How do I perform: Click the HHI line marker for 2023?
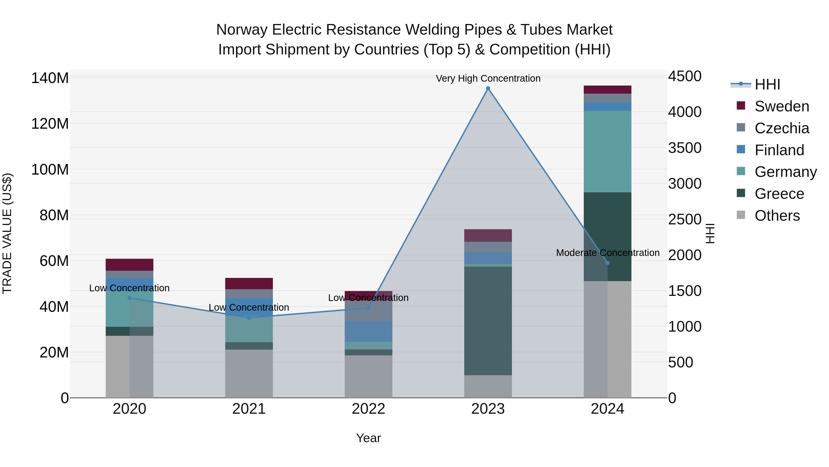488,88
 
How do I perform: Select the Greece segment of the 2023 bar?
488,321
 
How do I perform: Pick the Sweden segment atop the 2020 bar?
129,265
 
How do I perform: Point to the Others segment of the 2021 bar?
249,374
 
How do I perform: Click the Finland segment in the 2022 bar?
368,331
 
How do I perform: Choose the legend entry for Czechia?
781,128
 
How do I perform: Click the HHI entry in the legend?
767,84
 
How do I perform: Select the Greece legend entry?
779,194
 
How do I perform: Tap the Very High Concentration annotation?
488,78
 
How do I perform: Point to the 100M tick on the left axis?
50,170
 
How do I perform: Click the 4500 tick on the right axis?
685,76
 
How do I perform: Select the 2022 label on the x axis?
368,409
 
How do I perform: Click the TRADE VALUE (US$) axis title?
7,233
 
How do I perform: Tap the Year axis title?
368,438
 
